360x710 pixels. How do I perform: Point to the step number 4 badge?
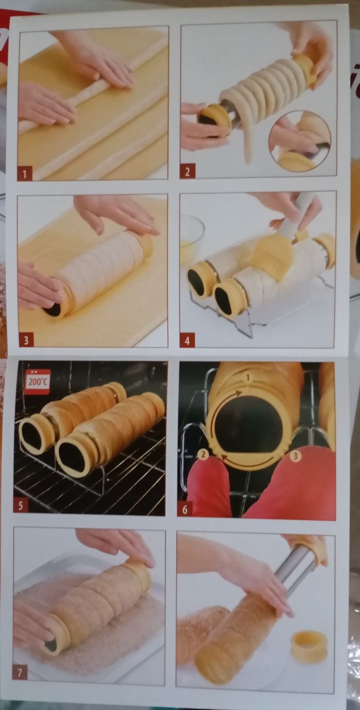tap(187, 342)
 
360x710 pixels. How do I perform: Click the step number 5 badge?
tap(20, 506)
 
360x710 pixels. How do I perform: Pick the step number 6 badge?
tap(185, 509)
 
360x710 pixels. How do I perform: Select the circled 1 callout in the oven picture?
tap(248, 378)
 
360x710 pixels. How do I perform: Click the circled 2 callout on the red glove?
tap(203, 455)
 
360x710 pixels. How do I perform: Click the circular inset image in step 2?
tap(299, 141)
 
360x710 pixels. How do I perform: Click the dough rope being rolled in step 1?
tap(93, 85)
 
